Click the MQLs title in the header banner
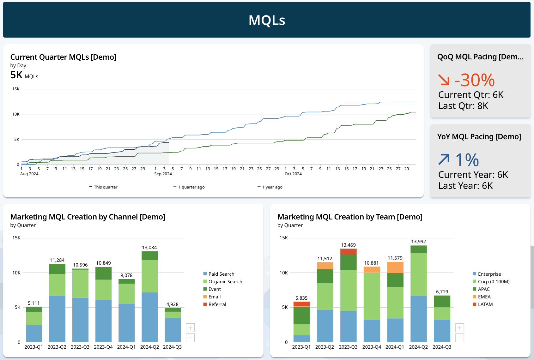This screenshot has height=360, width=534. click(x=267, y=20)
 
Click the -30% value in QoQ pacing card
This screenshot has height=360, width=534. click(x=474, y=80)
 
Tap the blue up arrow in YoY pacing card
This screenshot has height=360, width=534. click(x=444, y=159)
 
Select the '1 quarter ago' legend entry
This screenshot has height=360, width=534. click(x=189, y=187)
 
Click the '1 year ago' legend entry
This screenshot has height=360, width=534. click(x=270, y=187)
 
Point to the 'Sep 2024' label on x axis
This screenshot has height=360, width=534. click(x=163, y=174)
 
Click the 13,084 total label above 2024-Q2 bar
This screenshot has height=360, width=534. click(x=149, y=248)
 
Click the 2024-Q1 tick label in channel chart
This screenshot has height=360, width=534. click(x=126, y=347)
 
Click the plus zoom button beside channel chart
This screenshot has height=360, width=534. click(x=190, y=328)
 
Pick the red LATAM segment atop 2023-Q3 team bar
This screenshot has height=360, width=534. click(x=348, y=251)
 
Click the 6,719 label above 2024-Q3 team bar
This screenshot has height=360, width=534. click(x=442, y=292)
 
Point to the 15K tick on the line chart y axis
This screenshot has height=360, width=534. click(x=16, y=89)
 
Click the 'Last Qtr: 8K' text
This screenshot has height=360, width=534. click(x=463, y=106)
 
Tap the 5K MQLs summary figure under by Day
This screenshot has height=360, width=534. click(x=24, y=75)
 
